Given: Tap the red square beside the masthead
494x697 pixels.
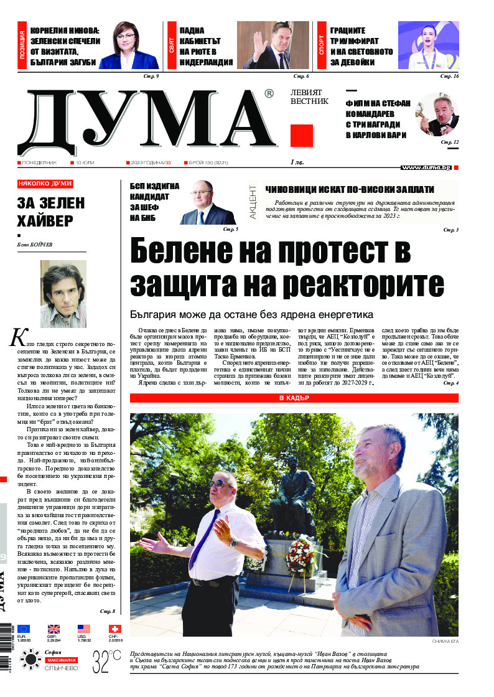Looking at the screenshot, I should [x=302, y=135].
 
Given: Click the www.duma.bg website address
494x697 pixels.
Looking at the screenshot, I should [x=426, y=167].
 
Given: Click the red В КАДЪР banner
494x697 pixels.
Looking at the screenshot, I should [x=294, y=380].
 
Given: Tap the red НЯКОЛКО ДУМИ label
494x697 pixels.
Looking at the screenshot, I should [x=45, y=184].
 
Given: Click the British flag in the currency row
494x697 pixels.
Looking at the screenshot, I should [x=54, y=629].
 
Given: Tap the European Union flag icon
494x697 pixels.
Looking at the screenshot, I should [x=24, y=629].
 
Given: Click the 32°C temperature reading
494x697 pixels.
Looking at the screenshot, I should [x=106, y=659].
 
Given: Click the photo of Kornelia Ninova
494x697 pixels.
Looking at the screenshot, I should [x=129, y=45].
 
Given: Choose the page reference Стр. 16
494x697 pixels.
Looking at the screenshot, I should [x=449, y=76].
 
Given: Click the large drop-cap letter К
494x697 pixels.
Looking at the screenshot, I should [x=17, y=337].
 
